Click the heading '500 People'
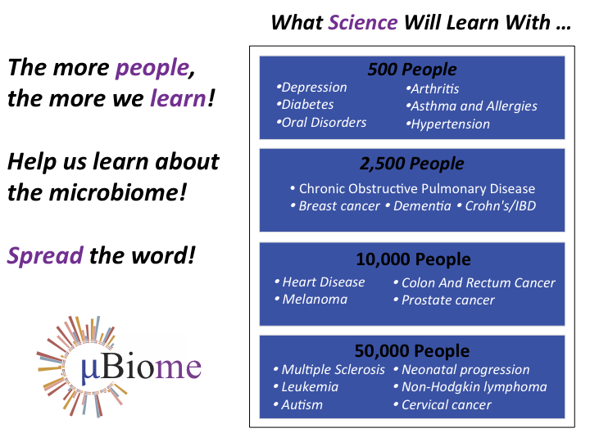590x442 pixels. click(412, 70)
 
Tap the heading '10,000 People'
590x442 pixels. click(412, 259)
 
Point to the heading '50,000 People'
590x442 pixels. click(412, 350)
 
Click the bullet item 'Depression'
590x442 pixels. click(314, 88)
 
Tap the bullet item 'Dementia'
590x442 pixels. click(422, 206)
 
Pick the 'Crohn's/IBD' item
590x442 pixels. click(500, 206)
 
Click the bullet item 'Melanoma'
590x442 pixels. click(315, 300)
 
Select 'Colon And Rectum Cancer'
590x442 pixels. click(478, 283)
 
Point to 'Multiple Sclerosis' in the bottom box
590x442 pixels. click(333, 370)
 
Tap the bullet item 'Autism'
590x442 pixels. click(302, 405)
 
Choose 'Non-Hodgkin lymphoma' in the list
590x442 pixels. click(474, 387)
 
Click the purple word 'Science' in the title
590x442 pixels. click(363, 22)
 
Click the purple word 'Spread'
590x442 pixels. click(45, 255)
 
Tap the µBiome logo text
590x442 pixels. click(141, 366)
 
